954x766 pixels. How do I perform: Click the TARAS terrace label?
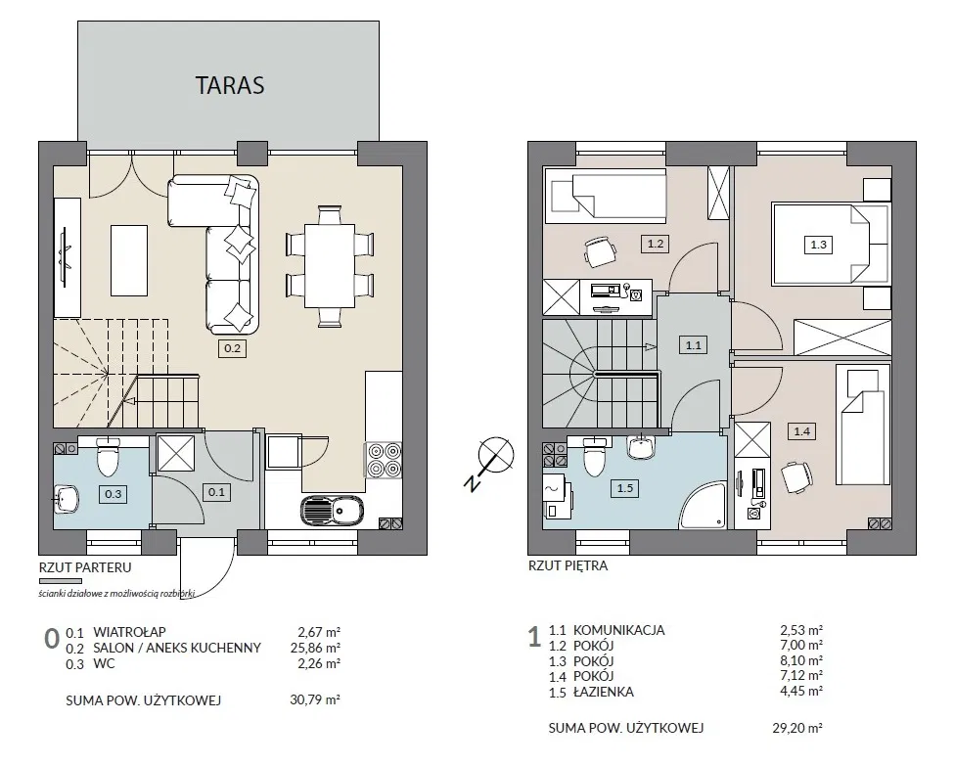coord(230,85)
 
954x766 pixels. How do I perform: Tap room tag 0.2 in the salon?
coord(233,348)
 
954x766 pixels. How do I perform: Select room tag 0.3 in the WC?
coord(114,494)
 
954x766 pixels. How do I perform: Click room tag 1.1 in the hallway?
coord(694,345)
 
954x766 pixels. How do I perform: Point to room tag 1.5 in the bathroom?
coord(625,488)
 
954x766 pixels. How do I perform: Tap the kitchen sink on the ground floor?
coord(332,510)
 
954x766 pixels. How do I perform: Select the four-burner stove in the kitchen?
coord(384,460)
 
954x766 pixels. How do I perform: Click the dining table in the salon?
coord(329,266)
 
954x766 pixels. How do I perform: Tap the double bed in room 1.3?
coord(830,244)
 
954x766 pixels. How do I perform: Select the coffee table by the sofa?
coord(129,260)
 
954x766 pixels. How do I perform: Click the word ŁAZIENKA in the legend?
coord(603,692)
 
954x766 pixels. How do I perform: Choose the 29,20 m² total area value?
coord(797,728)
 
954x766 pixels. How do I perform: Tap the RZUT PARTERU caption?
coord(85,567)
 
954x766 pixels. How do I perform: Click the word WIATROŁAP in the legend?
coord(129,632)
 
